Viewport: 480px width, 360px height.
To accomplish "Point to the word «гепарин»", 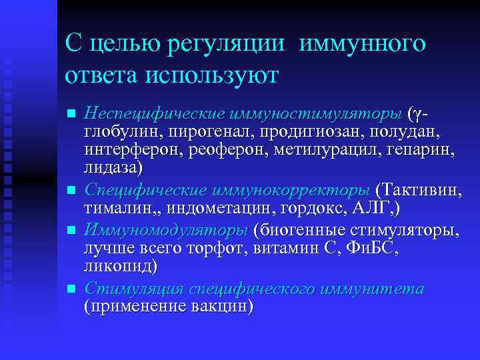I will tap(423, 148).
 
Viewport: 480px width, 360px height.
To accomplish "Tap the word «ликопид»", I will tap(119, 267).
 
